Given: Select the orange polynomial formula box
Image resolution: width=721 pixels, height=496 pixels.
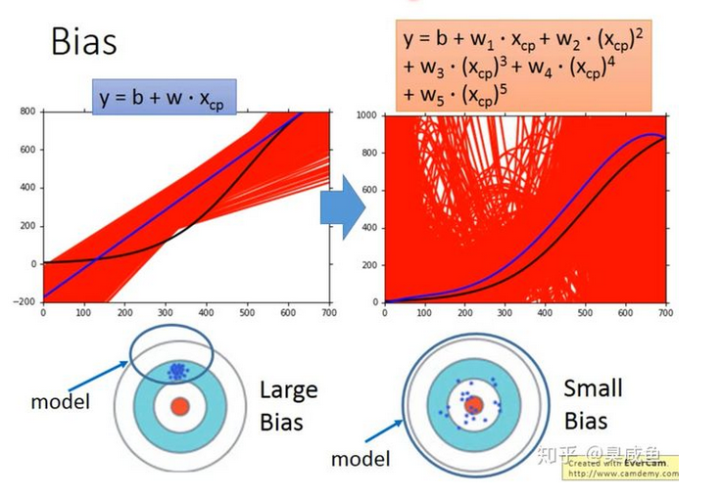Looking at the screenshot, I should click(x=523, y=65).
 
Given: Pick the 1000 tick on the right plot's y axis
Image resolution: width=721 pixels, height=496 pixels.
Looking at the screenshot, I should click(x=364, y=115).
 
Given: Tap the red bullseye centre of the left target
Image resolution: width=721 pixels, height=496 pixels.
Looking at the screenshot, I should click(x=179, y=406).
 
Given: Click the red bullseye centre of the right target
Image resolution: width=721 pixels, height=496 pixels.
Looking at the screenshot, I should click(x=473, y=405).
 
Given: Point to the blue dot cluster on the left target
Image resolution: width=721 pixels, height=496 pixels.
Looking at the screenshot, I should click(x=177, y=371).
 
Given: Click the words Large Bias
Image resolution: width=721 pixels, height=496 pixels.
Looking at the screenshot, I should click(x=288, y=406).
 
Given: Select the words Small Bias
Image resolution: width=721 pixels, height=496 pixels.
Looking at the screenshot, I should click(x=593, y=404).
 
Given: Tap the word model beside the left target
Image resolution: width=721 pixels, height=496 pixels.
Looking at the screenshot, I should click(x=61, y=401).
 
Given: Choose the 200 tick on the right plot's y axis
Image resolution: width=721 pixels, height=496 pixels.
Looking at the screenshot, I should click(x=367, y=264).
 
